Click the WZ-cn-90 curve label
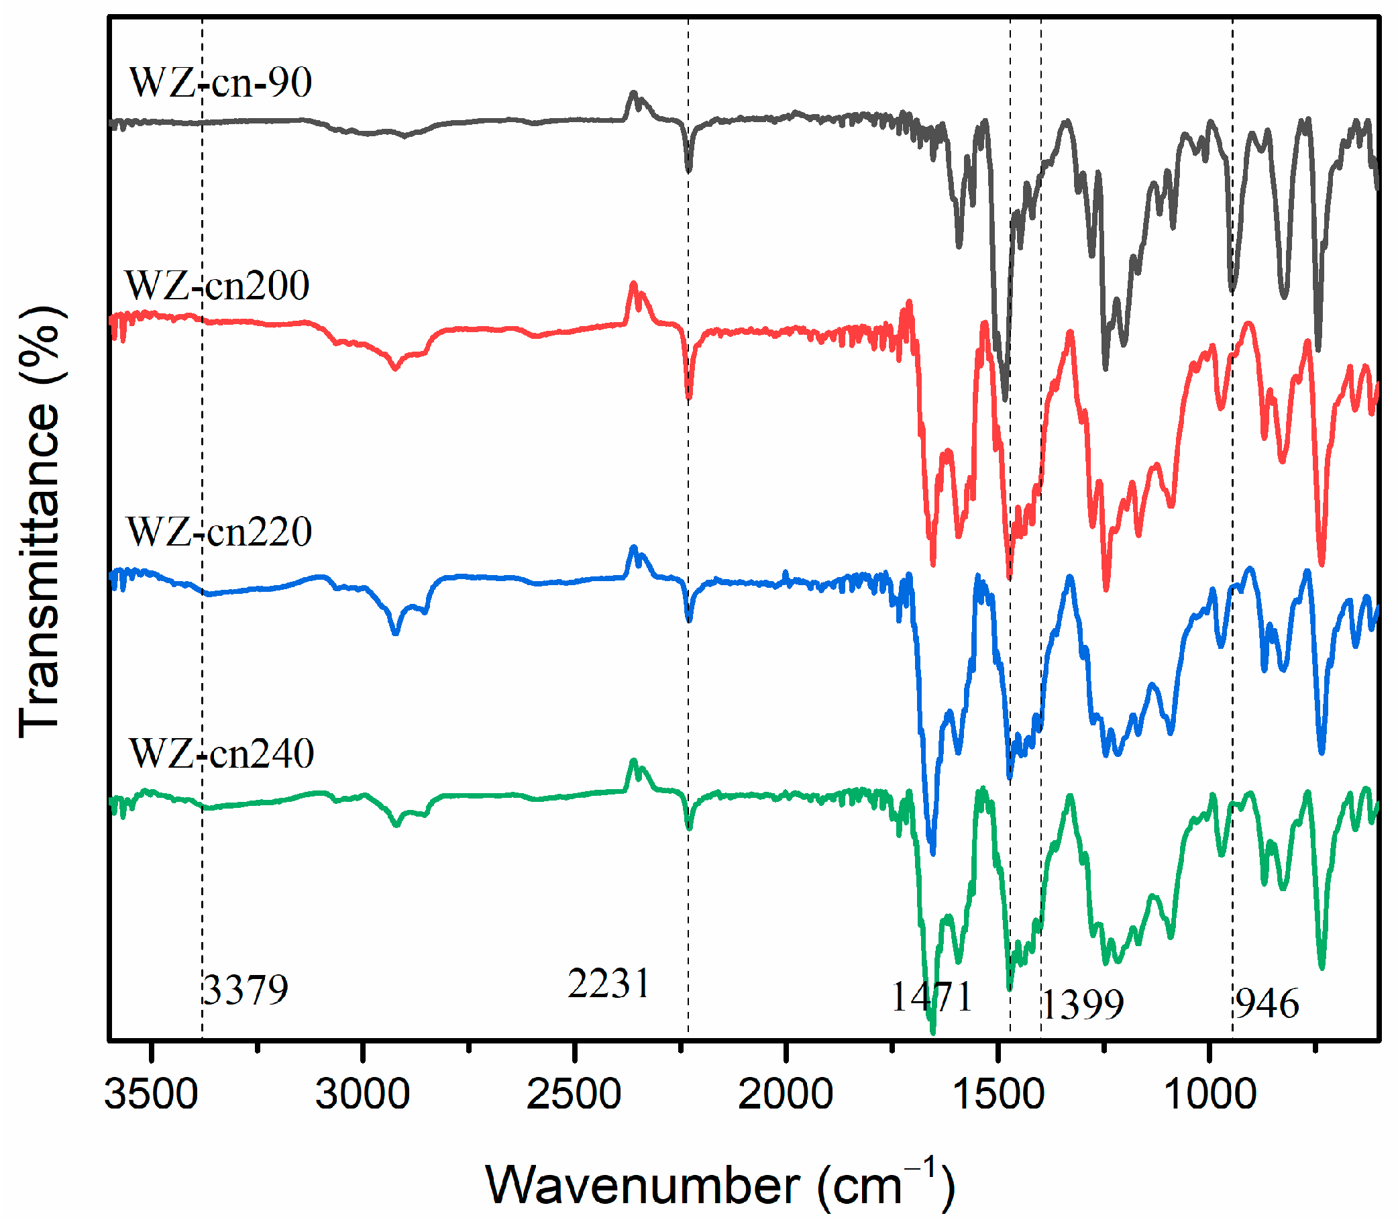pos(220,83)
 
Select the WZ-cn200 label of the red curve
pos(217,285)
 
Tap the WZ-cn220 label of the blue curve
pos(219,531)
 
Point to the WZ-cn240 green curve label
pos(221,753)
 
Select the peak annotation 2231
pos(608,984)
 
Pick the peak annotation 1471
pos(932,996)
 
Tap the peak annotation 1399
pos(1082,1005)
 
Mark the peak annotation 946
pos(1267,1004)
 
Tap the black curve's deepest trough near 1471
pos(1005,398)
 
